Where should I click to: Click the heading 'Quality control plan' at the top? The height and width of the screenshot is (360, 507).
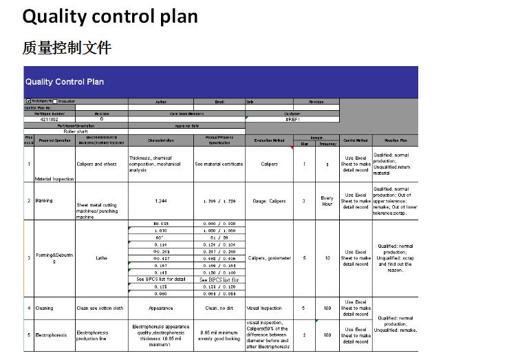[x=110, y=17]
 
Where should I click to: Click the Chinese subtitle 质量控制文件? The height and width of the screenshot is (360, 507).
[x=67, y=47]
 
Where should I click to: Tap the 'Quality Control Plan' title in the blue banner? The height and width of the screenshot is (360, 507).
[x=65, y=82]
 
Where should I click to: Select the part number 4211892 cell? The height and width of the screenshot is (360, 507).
[x=50, y=119]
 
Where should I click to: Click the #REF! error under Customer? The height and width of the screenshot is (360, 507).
[x=292, y=119]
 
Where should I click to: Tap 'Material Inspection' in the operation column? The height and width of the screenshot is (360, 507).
[x=54, y=179]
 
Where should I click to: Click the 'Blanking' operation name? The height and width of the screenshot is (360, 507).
[x=45, y=201]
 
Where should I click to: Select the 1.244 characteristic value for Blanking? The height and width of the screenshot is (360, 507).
[x=160, y=201]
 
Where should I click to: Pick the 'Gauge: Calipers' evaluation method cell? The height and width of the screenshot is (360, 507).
[x=269, y=201]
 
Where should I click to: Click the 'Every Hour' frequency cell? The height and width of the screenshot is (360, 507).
[x=327, y=201]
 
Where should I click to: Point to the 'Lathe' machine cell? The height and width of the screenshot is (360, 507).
[x=101, y=258]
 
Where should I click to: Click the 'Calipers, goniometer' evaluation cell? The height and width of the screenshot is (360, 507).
[x=269, y=258]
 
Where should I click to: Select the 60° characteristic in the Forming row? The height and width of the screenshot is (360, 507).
[x=160, y=237]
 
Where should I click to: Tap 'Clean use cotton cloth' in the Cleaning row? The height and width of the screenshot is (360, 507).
[x=100, y=308]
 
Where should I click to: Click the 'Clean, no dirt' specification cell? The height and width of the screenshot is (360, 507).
[x=219, y=308]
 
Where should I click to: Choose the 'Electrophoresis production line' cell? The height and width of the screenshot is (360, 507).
[x=92, y=335]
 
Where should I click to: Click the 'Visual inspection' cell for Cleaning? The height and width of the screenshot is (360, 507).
[x=265, y=308]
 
